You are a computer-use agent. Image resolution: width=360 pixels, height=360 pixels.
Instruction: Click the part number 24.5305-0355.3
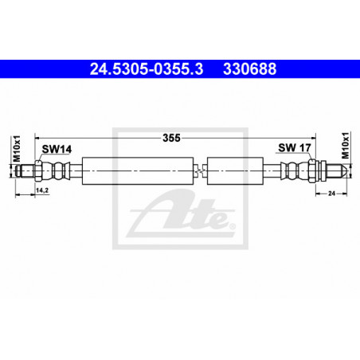point(147,69)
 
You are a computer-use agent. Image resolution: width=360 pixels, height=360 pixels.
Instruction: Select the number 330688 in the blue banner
point(249,69)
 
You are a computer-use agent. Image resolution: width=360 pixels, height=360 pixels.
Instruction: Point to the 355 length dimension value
point(171,138)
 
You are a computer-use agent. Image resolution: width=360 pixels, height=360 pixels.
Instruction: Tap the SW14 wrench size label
point(57,149)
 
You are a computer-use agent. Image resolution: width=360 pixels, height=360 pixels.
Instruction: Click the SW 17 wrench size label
point(295,147)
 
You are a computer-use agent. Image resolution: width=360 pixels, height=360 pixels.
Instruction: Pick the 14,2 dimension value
point(42,190)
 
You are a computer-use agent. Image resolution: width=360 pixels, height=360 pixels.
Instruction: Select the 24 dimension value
point(331,194)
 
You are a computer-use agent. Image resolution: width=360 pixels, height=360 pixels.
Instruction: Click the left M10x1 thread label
point(17,148)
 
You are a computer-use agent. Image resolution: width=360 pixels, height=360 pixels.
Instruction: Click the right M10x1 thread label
point(345,145)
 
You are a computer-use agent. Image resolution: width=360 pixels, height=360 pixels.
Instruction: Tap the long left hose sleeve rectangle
point(138,170)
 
